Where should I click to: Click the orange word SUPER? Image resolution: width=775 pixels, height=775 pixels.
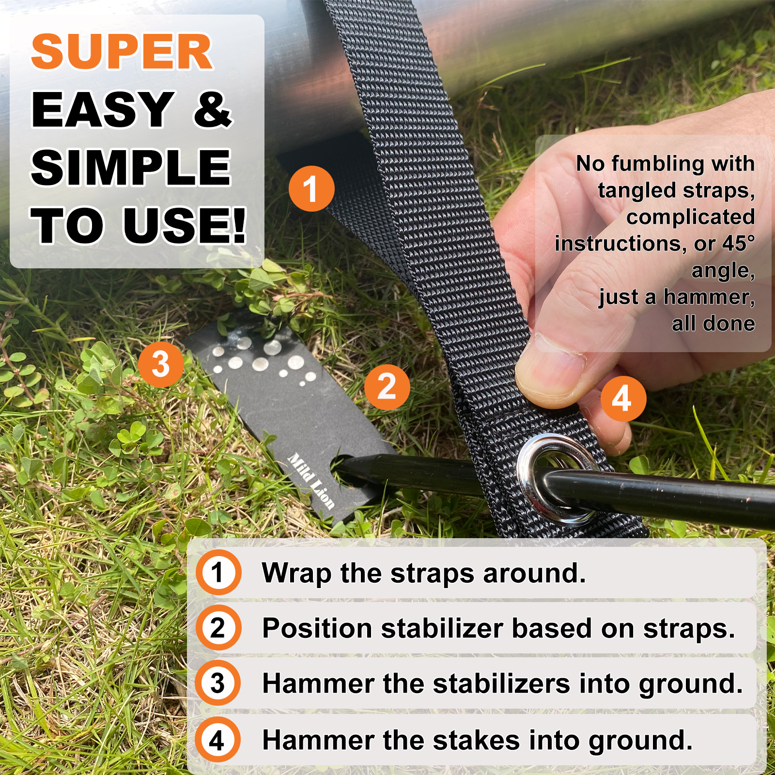coord(122,52)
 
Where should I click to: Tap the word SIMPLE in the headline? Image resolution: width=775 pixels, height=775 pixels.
coord(131,168)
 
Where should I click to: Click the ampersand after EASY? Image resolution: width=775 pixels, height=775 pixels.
coord(213,109)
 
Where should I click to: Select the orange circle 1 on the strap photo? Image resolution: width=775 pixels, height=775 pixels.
coord(311,188)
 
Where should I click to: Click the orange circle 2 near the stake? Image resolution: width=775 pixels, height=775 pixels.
coord(387,387)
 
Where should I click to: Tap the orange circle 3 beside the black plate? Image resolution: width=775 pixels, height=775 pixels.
coord(161,364)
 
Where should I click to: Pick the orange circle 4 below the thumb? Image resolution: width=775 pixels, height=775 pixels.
coord(623,399)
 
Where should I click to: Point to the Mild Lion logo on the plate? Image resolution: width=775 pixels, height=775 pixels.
coord(311,481)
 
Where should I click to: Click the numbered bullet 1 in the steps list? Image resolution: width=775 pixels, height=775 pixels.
coord(218,572)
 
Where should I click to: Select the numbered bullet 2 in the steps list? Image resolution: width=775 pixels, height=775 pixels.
coord(218,628)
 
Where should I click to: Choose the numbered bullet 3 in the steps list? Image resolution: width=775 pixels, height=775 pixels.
coord(218,683)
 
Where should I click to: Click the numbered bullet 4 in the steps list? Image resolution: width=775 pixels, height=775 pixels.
coord(218,740)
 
